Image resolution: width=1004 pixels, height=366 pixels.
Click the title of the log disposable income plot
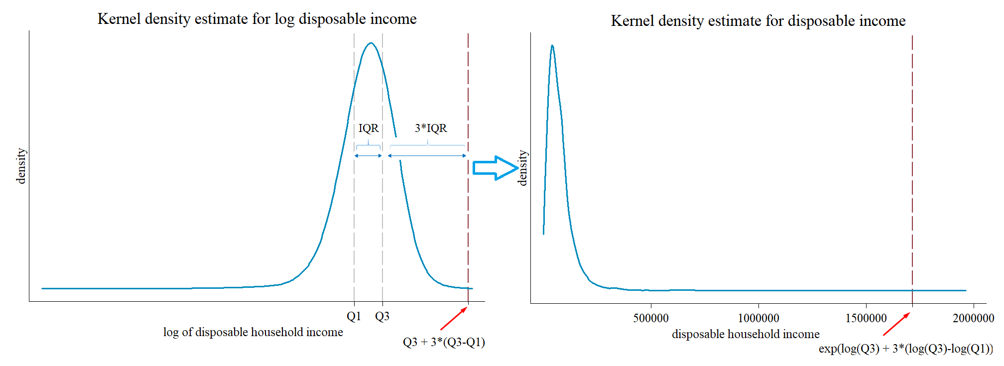click(257, 19)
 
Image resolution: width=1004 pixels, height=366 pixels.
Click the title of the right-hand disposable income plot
click(758, 21)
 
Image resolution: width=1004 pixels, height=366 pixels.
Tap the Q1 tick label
click(354, 317)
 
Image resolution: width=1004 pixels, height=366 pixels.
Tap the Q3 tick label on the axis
click(382, 317)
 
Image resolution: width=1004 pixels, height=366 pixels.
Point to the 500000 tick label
click(650, 319)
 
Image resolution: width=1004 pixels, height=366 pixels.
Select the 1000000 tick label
click(758, 319)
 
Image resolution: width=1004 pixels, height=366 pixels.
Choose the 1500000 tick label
click(866, 319)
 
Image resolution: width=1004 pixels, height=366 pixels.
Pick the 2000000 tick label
click(973, 319)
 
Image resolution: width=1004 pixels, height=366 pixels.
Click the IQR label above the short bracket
click(369, 128)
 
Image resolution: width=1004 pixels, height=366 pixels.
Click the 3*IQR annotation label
click(431, 128)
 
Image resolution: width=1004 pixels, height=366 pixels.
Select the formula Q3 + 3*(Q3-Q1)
click(444, 343)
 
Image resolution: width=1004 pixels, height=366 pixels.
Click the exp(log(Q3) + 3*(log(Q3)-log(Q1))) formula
click(905, 349)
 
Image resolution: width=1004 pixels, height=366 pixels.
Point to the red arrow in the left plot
click(453, 319)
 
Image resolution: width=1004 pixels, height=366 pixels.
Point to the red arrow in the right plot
click(896, 324)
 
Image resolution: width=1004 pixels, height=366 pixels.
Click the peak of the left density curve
click(371, 43)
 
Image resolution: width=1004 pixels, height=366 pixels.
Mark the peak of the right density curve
click(552, 46)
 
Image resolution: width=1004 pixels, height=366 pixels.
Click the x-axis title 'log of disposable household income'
click(253, 333)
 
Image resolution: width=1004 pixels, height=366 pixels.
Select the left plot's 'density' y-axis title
click(21, 166)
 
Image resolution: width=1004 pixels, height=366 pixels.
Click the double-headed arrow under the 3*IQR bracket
click(427, 156)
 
